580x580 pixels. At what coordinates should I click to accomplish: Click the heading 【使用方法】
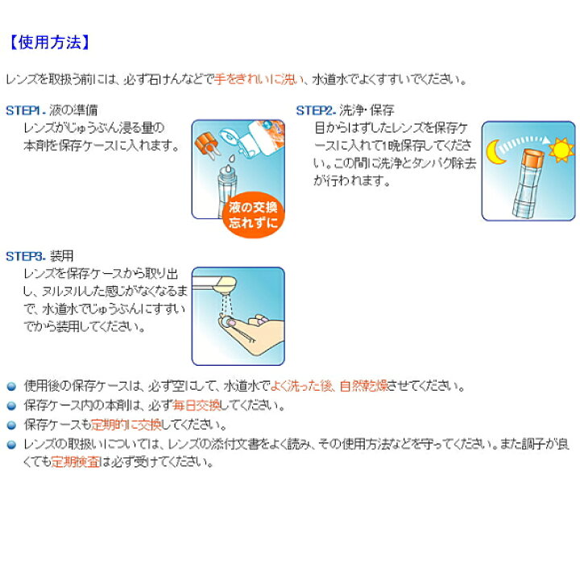[x=48, y=43]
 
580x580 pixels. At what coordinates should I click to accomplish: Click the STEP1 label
[x=25, y=110]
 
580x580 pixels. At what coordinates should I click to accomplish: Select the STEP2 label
[x=316, y=110]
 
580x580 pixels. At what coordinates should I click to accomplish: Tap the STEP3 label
[x=25, y=256]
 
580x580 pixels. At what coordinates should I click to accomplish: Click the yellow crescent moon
[x=494, y=152]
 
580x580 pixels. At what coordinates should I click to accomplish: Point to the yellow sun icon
[x=561, y=150]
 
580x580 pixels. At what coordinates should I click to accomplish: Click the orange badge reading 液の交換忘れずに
[x=253, y=214]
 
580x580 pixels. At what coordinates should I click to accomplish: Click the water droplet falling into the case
[x=231, y=159]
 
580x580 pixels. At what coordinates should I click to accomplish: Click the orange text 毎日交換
[x=197, y=405]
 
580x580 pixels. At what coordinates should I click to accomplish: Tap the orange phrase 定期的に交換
[x=126, y=425]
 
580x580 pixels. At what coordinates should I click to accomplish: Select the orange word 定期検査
[x=76, y=462]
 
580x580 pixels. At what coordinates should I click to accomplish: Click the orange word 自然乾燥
[x=363, y=386]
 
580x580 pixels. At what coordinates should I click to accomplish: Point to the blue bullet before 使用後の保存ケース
[x=11, y=387]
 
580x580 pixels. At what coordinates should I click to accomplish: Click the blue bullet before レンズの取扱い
[x=11, y=445]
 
